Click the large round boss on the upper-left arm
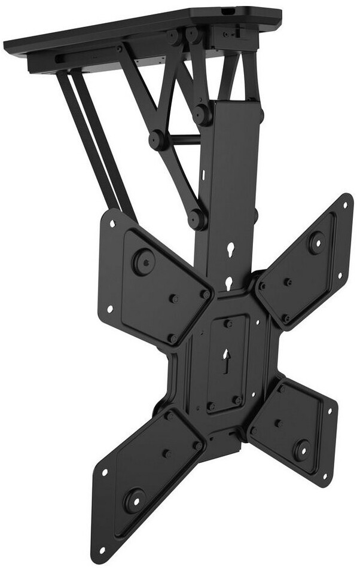coord(144,262)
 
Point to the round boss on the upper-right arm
coord(316,242)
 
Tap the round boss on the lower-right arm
coord(301,449)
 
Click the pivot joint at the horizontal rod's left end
coord(158,140)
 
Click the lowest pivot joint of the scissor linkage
coord(197,219)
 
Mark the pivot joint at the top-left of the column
coord(203,114)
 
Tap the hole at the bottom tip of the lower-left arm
coord(102,549)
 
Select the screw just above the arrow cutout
coord(228,324)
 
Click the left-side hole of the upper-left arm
coord(109,309)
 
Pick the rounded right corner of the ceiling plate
coord(276,15)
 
